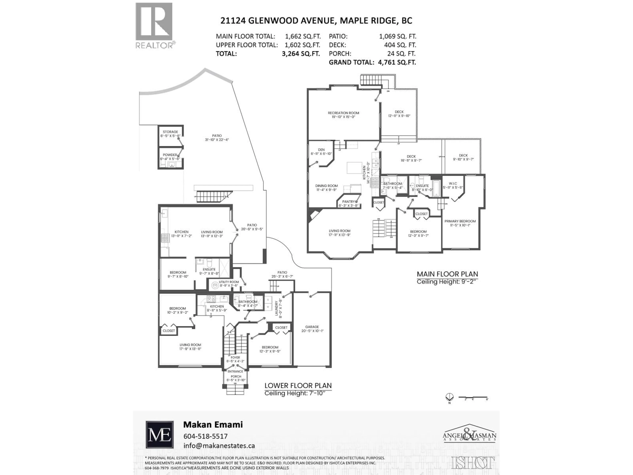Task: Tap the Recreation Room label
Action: click(x=343, y=113)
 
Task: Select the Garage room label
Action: click(x=312, y=327)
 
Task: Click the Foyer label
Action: click(x=235, y=358)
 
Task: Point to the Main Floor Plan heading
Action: click(x=447, y=274)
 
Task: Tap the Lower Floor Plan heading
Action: click(x=298, y=385)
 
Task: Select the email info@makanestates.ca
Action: click(x=219, y=446)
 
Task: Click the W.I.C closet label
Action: click(x=453, y=184)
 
